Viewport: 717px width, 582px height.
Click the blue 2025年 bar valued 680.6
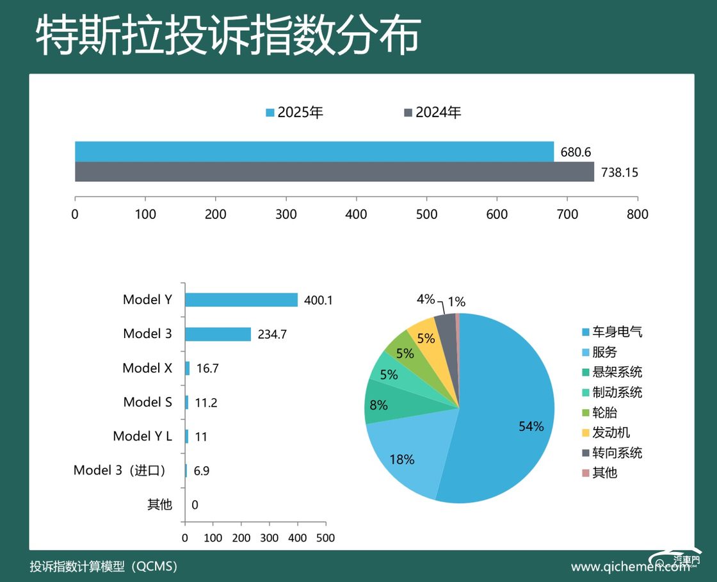pyautogui.click(x=314, y=152)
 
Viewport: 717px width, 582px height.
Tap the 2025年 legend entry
pyautogui.click(x=295, y=113)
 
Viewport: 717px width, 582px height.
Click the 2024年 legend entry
pyautogui.click(x=433, y=113)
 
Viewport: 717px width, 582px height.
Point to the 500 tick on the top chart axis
pyautogui.click(x=426, y=214)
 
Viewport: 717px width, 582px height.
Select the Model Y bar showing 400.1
pyautogui.click(x=241, y=300)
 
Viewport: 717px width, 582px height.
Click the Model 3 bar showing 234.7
pyautogui.click(x=218, y=334)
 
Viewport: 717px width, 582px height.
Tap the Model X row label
pyautogui.click(x=147, y=368)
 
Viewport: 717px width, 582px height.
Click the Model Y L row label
pyautogui.click(x=142, y=436)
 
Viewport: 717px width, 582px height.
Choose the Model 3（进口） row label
pyautogui.click(x=120, y=471)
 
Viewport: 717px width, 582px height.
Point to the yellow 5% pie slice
pyautogui.click(x=426, y=337)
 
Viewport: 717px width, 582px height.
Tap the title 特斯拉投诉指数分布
pyautogui.click(x=227, y=35)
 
